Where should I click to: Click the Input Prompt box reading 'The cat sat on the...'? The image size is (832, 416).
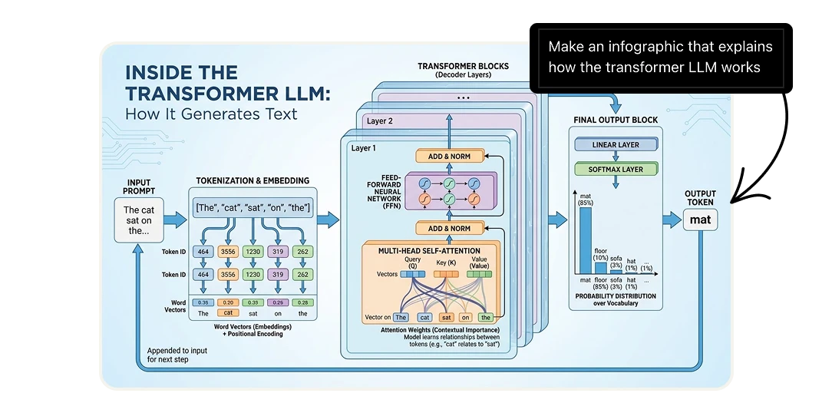pos(138,220)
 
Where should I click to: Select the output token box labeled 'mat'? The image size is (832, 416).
pos(700,220)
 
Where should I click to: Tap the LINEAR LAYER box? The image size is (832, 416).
pos(616,144)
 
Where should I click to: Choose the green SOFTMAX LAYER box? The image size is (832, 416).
pos(616,169)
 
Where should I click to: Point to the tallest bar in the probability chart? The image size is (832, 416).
pos(586,241)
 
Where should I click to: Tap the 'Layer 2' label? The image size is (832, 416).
pos(379,121)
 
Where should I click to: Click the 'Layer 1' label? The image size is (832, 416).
pos(364,147)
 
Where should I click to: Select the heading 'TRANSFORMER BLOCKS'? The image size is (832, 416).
pos(463,67)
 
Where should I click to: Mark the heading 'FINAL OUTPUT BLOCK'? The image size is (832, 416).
pos(616,121)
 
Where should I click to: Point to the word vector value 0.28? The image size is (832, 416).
pos(302,302)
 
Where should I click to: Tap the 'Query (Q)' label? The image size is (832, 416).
pos(412,262)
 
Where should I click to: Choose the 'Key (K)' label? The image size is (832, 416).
pos(446,262)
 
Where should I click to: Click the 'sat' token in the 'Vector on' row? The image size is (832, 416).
pos(445,316)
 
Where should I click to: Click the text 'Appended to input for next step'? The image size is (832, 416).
pos(177,355)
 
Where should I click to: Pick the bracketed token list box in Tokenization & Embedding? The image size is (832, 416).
pos(253,208)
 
